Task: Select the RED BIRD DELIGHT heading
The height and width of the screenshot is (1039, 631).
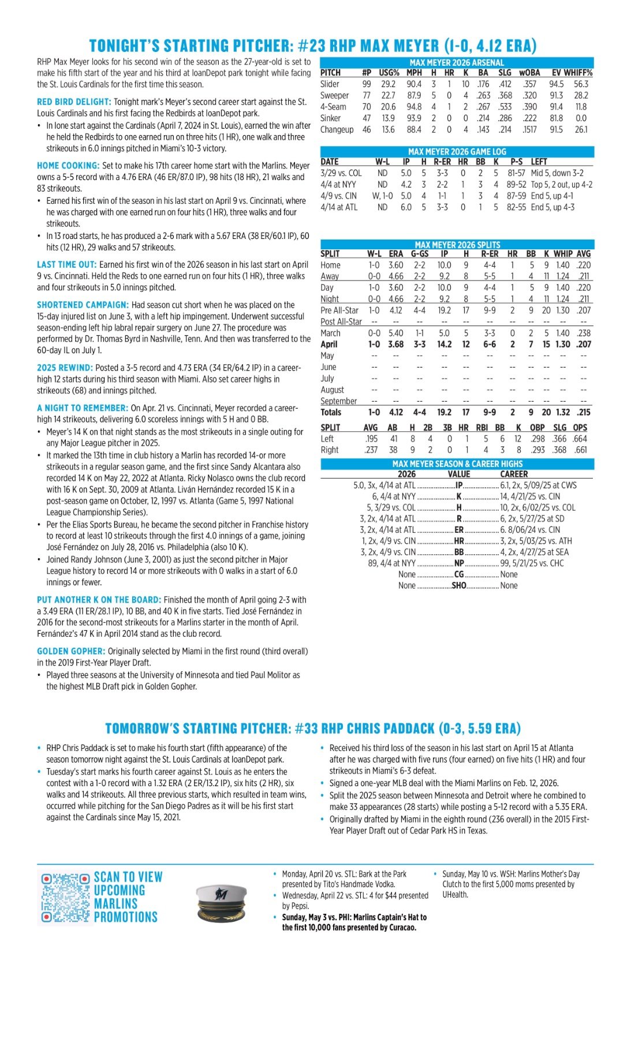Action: click(x=74, y=102)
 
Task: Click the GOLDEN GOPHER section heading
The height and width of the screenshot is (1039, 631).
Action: click(x=71, y=651)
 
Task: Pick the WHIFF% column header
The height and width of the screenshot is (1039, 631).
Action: click(x=580, y=73)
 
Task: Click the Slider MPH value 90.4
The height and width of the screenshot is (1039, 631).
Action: click(x=414, y=84)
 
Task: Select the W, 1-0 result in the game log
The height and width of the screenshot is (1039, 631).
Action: click(x=383, y=196)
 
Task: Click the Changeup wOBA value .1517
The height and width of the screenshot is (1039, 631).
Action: click(x=529, y=130)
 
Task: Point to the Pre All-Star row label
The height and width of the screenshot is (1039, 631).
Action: click(x=339, y=310)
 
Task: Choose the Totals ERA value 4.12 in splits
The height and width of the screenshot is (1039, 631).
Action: click(x=396, y=412)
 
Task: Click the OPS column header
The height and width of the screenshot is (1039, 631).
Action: click(x=580, y=427)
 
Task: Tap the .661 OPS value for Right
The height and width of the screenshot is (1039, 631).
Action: click(x=580, y=450)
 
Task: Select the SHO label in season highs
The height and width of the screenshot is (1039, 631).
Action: click(x=459, y=585)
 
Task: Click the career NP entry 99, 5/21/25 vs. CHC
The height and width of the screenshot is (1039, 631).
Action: click(x=532, y=563)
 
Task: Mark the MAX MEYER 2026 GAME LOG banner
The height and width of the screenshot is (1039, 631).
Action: click(x=457, y=151)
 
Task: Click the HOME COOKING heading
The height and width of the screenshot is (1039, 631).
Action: click(x=68, y=166)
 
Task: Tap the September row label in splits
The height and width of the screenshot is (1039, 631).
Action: click(x=338, y=401)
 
